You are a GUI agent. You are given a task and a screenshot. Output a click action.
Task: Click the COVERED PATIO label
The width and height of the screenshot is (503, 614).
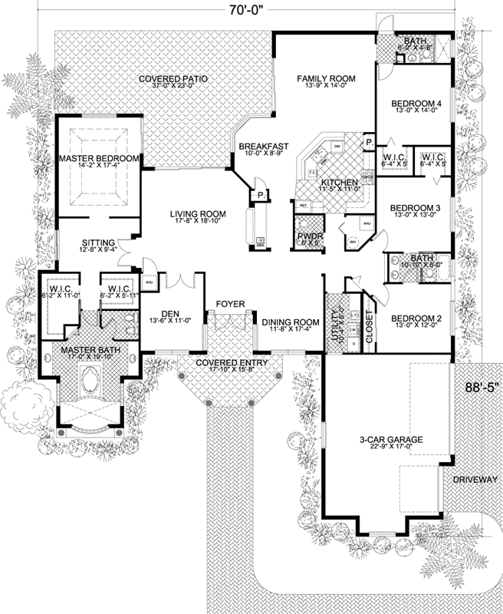(x=173, y=79)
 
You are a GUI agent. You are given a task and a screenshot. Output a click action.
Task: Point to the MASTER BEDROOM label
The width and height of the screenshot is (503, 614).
(x=99, y=159)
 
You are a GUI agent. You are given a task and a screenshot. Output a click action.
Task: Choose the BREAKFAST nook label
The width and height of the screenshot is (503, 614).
(x=262, y=146)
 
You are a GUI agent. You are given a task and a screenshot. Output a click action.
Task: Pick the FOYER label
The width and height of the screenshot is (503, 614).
(x=230, y=305)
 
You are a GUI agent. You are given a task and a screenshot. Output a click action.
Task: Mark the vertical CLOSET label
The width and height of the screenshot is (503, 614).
(x=369, y=325)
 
